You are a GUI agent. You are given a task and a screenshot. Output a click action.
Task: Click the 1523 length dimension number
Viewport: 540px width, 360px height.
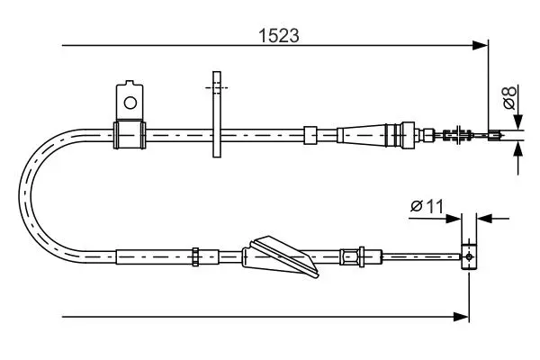coord(279,36)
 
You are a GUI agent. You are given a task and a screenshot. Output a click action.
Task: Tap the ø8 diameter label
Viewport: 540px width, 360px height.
coord(509,97)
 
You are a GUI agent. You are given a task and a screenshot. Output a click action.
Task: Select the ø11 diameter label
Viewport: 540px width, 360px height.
coord(427,206)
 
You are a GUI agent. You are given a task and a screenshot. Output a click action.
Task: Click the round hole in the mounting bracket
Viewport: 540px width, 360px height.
coord(130,103)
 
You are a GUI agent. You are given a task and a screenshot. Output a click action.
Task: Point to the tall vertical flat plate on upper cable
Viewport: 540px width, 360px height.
coord(217,114)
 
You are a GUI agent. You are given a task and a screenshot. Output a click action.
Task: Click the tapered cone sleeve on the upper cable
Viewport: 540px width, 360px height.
coord(362,135)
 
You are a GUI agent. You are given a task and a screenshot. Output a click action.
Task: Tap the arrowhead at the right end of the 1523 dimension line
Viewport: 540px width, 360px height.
coord(481,45)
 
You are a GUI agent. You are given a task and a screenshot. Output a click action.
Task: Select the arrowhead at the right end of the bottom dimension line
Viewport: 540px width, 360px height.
coord(461,317)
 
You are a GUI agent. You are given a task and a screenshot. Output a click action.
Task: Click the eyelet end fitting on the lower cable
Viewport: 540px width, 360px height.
coord(469,256)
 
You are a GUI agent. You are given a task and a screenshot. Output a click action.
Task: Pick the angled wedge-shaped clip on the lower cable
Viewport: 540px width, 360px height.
coord(281,256)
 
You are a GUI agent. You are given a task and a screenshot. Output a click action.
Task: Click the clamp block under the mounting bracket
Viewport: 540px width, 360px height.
coord(130,135)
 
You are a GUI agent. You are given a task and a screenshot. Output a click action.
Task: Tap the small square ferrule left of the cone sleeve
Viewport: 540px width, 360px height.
coord(310,135)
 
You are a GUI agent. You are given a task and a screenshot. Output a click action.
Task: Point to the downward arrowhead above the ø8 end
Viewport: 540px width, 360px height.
coord(517,121)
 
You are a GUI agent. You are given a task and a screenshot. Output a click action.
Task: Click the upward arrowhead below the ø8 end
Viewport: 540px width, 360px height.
coord(517,148)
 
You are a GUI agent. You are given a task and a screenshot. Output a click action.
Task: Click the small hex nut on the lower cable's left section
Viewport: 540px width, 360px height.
coord(195,256)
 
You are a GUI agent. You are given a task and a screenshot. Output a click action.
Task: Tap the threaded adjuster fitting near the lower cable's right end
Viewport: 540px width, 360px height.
coord(361,256)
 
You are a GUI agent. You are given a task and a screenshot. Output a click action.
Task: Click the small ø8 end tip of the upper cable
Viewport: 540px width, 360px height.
coord(495,135)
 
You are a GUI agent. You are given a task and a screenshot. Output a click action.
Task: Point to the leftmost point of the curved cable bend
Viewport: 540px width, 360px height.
coord(19,196)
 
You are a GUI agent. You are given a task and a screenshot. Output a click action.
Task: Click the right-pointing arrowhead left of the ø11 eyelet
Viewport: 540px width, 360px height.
coord(454,219)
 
